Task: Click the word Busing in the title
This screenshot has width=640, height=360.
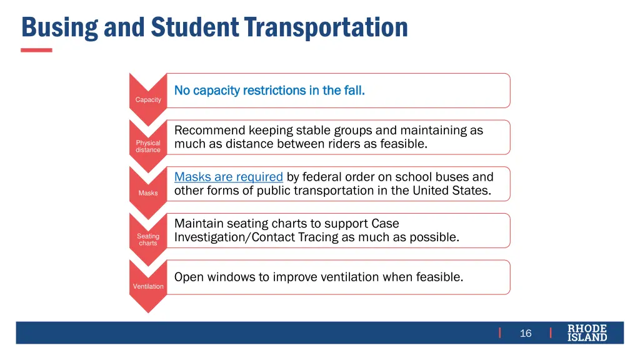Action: point(60,27)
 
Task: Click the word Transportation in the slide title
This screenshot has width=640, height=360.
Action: point(326,27)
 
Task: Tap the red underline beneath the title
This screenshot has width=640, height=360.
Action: point(36,50)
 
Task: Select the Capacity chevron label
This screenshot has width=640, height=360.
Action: point(148,100)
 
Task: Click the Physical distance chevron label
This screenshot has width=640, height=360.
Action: point(148,146)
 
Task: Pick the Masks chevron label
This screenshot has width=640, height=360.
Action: point(148,193)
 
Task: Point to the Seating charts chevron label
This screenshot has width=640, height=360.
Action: point(148,239)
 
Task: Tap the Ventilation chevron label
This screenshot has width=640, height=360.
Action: point(148,286)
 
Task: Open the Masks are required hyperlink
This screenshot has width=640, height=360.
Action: point(229,177)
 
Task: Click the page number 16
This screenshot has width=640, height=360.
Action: point(526,333)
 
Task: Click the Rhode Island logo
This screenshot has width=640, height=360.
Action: point(587,332)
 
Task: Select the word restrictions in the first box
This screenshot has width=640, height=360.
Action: point(274,91)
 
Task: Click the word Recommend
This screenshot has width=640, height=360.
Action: point(209,131)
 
